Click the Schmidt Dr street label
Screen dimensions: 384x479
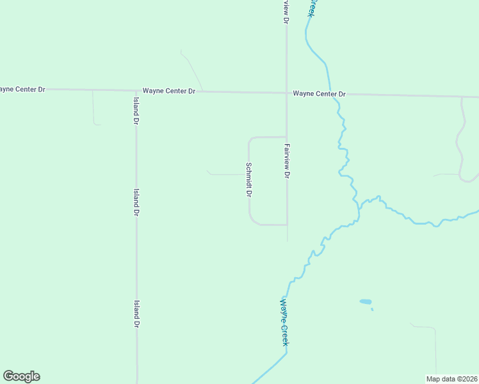pos(249,180)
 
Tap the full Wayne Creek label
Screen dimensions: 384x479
pos(284,323)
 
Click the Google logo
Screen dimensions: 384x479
pos(21,376)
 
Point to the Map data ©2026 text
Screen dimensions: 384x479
pos(451,379)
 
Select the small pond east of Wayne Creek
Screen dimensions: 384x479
pos(365,301)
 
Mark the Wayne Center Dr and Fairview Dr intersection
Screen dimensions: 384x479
pos(286,93)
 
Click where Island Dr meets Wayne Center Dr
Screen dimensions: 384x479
pos(136,91)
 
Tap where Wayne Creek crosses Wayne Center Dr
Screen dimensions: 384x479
pos(330,94)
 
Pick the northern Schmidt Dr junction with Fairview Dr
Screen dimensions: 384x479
pos(286,137)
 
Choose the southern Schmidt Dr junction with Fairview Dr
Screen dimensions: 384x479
pos(286,225)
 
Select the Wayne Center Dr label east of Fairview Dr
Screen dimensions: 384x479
pos(319,94)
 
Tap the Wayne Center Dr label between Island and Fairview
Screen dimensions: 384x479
pos(168,91)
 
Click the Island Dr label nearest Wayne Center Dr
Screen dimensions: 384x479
pos(136,110)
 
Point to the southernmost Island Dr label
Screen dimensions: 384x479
pos(136,314)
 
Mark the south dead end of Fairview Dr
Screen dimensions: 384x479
pos(287,241)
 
